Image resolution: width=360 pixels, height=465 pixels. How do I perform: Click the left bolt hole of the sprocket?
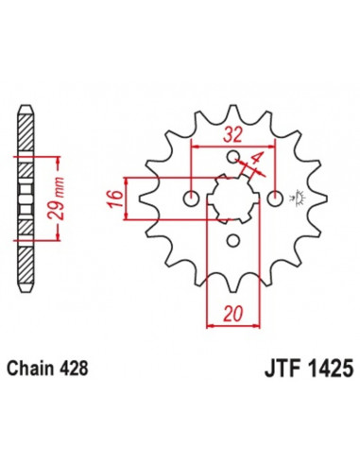(192, 198)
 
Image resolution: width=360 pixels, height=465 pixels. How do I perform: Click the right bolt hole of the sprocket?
(275, 198)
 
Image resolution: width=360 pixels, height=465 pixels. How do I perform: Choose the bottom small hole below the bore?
(233, 240)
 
